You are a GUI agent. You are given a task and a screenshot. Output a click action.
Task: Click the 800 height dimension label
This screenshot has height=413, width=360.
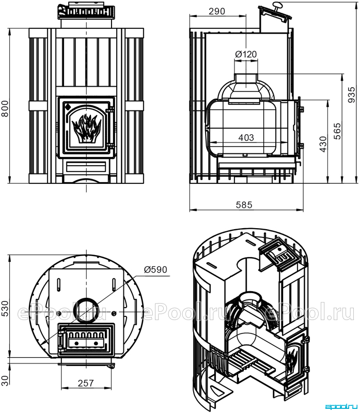(x=5, y=108)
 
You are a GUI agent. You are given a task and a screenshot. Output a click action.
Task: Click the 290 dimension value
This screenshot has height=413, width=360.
(x=217, y=11)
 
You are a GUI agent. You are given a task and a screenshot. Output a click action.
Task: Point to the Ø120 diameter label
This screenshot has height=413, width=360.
(x=246, y=54)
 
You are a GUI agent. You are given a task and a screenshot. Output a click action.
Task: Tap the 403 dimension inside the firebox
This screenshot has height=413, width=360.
(x=246, y=137)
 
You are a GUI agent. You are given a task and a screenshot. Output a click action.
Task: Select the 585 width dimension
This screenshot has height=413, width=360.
(x=244, y=204)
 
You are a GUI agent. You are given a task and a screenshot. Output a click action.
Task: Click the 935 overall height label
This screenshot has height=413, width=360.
(x=352, y=95)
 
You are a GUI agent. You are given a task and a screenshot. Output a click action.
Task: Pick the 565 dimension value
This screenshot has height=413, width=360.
(x=337, y=131)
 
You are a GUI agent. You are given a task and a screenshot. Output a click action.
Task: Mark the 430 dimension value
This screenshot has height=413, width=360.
(x=323, y=144)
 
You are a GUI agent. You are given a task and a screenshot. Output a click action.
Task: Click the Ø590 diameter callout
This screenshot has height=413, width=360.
(x=155, y=269)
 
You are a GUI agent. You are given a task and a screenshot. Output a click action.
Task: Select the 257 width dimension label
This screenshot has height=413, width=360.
(x=86, y=383)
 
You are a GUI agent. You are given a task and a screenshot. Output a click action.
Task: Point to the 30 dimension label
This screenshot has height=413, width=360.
(x=5, y=380)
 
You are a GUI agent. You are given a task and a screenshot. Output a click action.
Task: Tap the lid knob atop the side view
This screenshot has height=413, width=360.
(x=277, y=5)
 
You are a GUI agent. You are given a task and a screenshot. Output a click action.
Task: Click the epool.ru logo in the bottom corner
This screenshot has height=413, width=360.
(x=341, y=407)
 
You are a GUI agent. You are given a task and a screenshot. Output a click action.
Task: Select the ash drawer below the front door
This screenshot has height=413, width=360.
(x=86, y=167)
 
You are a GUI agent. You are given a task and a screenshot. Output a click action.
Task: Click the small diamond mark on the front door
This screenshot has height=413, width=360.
(x=68, y=106)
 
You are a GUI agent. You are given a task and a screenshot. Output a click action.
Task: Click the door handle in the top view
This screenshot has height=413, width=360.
(x=62, y=341)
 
